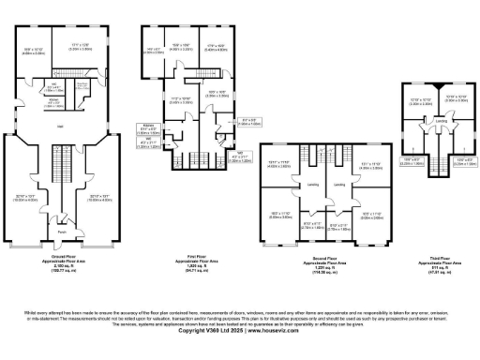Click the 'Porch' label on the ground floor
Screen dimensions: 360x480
point(61,232)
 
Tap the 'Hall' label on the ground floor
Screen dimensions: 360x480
point(61,125)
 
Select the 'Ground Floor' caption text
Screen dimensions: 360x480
point(61,255)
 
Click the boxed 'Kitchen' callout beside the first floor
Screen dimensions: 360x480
point(149,127)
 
